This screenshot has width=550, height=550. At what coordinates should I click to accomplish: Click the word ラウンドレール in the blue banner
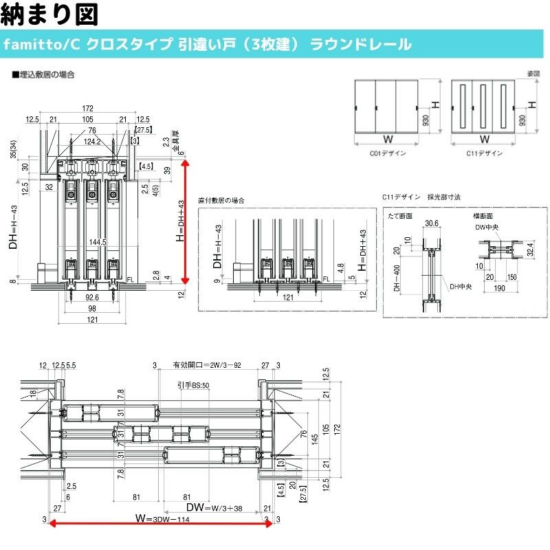(360, 45)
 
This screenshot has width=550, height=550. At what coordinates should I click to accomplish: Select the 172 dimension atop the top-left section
(87, 109)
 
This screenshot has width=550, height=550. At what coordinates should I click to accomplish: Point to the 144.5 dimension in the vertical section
(97, 242)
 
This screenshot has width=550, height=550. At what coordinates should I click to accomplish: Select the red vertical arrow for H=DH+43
(184, 219)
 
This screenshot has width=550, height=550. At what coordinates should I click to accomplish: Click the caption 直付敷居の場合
(221, 200)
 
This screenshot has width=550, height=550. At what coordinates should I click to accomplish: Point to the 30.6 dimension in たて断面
(432, 223)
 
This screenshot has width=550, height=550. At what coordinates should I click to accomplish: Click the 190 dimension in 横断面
(499, 289)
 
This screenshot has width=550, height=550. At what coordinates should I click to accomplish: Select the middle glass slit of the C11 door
(484, 107)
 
